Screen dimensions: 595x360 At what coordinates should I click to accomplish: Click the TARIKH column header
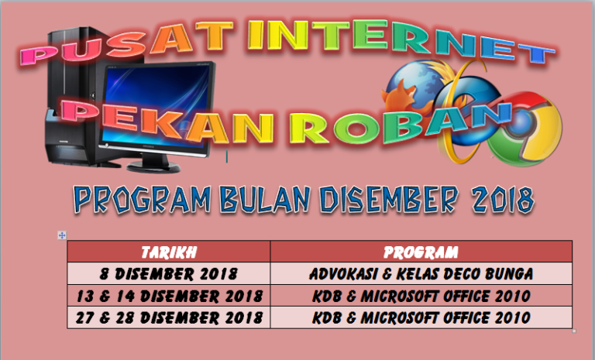click(x=169, y=252)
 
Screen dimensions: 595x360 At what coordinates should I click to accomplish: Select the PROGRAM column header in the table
click(x=421, y=252)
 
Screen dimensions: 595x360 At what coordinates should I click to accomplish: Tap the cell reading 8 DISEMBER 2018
click(x=169, y=273)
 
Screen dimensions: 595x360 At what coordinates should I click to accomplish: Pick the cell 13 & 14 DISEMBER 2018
click(x=169, y=296)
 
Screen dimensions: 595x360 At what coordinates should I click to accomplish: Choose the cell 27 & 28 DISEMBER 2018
click(x=169, y=317)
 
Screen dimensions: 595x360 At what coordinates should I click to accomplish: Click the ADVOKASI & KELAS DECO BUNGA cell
click(x=421, y=273)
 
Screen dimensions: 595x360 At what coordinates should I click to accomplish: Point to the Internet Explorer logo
click(x=466, y=114)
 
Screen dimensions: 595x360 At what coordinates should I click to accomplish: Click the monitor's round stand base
click(x=153, y=167)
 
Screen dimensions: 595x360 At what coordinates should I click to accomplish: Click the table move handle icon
click(x=62, y=235)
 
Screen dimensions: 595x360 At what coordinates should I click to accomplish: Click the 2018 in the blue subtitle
click(x=503, y=199)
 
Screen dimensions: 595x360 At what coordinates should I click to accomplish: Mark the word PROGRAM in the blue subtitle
click(x=143, y=199)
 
